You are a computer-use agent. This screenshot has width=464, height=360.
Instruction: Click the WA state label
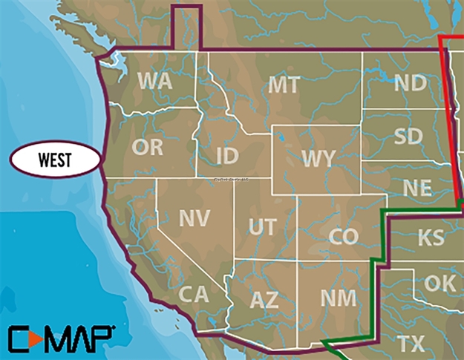(x=155, y=80)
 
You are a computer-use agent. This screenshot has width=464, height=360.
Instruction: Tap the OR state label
(x=147, y=147)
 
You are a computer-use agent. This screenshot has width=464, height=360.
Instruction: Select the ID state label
(x=227, y=157)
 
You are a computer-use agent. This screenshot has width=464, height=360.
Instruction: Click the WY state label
(x=318, y=158)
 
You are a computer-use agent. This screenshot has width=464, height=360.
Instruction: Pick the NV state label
(x=195, y=217)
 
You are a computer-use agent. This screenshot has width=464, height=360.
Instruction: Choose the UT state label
(x=262, y=227)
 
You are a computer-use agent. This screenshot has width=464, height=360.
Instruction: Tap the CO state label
(x=343, y=237)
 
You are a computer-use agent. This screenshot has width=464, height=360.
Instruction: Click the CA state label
(x=193, y=295)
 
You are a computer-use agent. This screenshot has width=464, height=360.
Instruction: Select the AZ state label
(x=264, y=300)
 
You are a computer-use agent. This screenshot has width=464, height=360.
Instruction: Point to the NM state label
(x=338, y=298)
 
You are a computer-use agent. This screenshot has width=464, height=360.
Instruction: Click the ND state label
(x=410, y=82)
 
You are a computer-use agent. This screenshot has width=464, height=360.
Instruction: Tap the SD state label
(x=409, y=137)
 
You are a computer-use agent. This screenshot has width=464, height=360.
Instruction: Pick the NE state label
(x=416, y=188)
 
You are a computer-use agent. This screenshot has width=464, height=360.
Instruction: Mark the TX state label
(x=411, y=344)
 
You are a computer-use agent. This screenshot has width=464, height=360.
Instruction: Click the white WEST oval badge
(x=55, y=158)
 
